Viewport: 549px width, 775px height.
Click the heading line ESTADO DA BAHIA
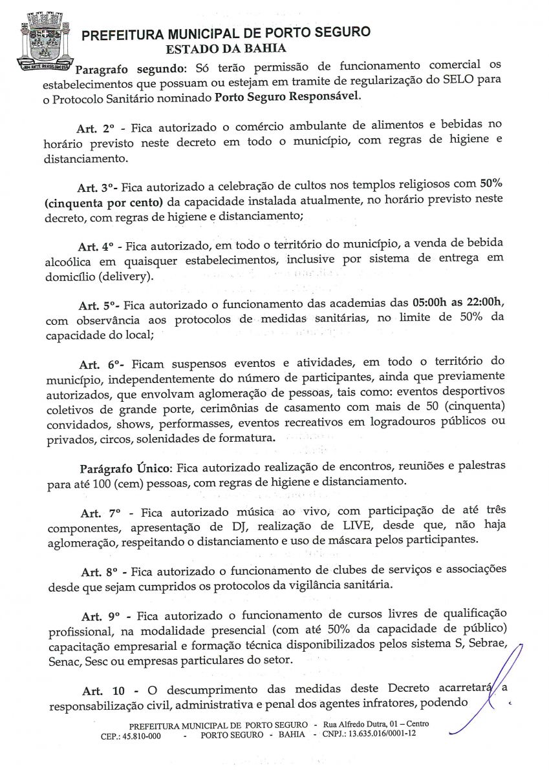pyautogui.click(x=226, y=48)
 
